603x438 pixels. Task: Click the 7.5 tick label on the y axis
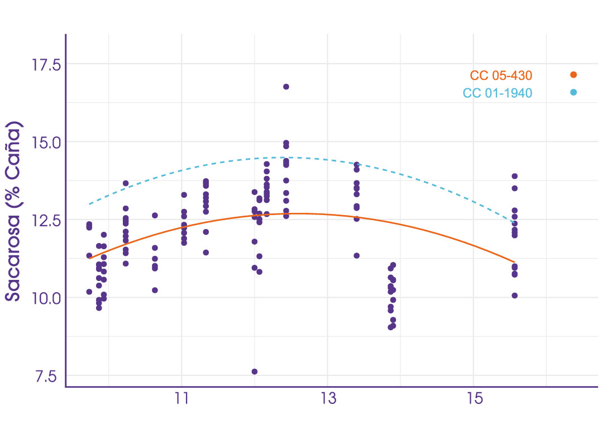[x=46, y=376]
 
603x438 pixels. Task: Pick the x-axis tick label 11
[x=182, y=401]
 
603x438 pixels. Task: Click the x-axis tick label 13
[x=327, y=401]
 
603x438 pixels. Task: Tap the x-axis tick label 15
[x=473, y=401]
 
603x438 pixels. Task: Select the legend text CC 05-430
[x=501, y=75]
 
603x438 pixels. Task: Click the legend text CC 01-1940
[x=497, y=93]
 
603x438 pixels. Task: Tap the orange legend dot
[x=573, y=75]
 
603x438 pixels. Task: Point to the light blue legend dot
[x=573, y=92]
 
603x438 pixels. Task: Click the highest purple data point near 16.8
[x=286, y=87]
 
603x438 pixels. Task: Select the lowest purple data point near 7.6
[x=255, y=372]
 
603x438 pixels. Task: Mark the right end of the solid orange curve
[x=514, y=261]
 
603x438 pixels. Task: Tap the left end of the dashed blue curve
[x=89, y=204]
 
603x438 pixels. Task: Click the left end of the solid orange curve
[x=89, y=258]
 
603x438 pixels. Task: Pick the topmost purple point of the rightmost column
[x=514, y=176]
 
